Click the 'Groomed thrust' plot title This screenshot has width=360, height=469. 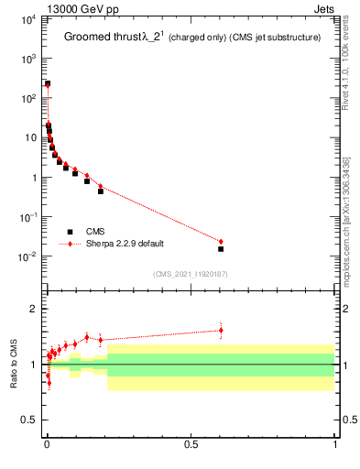click(x=100, y=38)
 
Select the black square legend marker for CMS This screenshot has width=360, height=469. click(x=70, y=232)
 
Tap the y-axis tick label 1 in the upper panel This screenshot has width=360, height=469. click(x=33, y=178)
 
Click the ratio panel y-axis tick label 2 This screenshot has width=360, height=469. click(x=33, y=309)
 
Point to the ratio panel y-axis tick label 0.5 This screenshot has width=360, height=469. click(x=29, y=420)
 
